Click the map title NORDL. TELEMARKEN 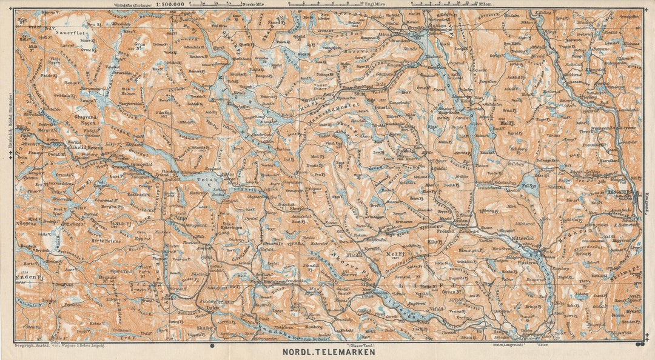tap(328, 352)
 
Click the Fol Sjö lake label tap(530, 187)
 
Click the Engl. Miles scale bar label tap(325, 4)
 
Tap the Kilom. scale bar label tap(485, 4)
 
